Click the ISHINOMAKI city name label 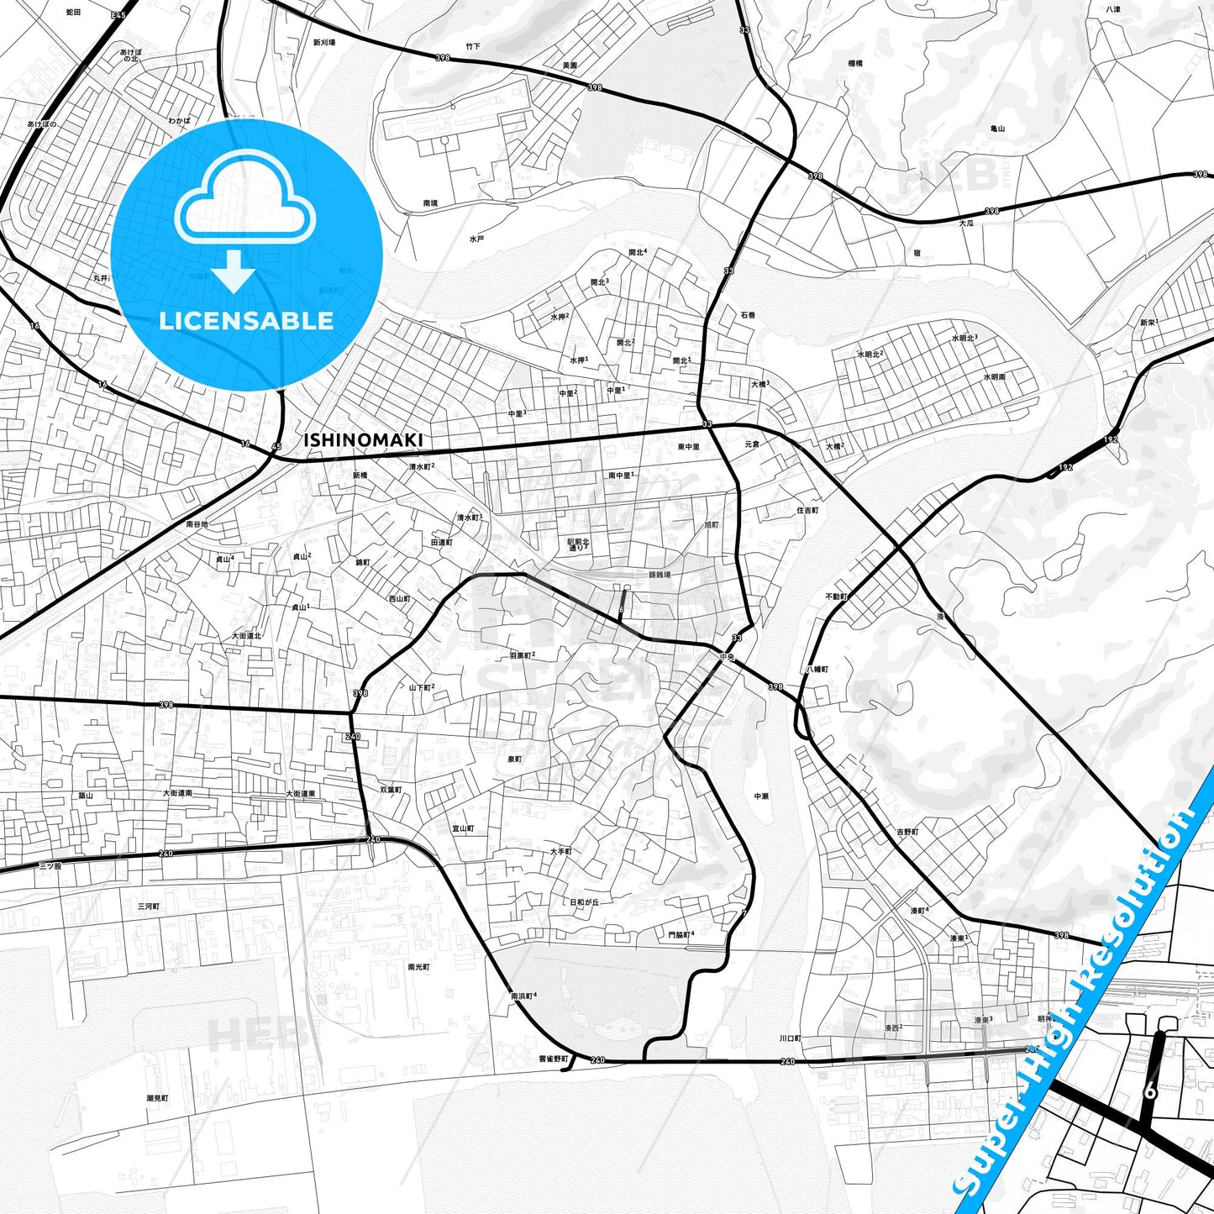tap(363, 440)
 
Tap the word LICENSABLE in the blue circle tap(246, 320)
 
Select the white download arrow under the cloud tap(234, 271)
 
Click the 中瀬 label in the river tap(761, 796)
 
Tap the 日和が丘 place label tap(585, 902)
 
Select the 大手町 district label tap(560, 851)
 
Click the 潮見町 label tap(157, 1098)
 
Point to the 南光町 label tap(418, 967)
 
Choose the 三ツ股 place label tap(50, 865)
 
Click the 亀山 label tap(997, 129)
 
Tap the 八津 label tap(1113, 9)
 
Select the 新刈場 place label tap(324, 42)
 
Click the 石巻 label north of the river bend tap(748, 315)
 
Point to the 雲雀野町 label tap(553, 1059)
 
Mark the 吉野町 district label tap(907, 832)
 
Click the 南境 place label tap(430, 203)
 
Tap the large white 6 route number tap(1150, 1092)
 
